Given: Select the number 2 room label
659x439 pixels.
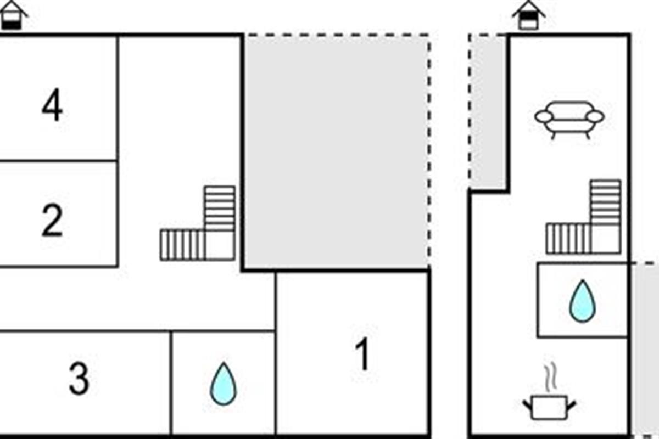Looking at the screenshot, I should (52, 220).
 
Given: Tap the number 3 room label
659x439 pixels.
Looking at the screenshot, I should (79, 379).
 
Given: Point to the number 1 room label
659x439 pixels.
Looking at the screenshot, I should (362, 355).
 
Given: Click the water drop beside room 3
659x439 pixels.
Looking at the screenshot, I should (224, 384).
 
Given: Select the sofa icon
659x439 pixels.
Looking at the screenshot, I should (569, 118).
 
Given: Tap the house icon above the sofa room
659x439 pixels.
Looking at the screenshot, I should (528, 15).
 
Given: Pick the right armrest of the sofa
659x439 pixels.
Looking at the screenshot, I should (595, 116).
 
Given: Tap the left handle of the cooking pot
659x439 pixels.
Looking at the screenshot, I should (527, 406).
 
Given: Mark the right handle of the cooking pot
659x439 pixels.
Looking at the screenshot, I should (572, 406).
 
